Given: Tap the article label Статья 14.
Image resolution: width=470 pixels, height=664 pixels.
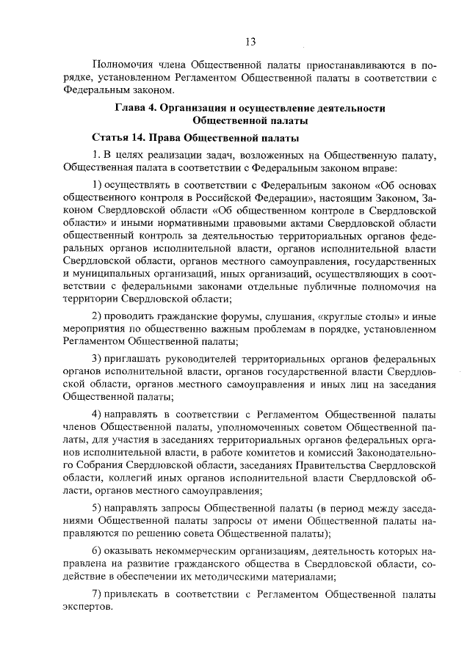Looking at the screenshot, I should click(x=121, y=138).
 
